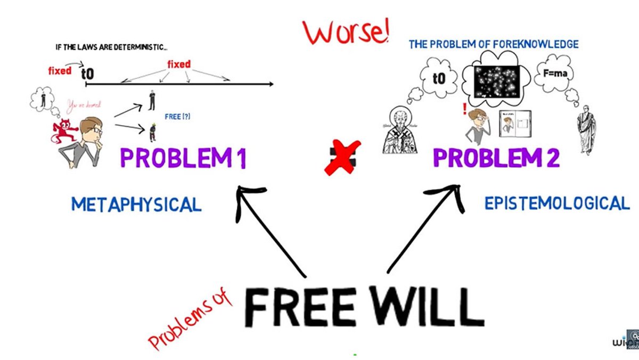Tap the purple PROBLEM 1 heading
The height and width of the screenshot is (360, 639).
pos(183,158)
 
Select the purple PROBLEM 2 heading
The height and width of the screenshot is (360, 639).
pos(496,158)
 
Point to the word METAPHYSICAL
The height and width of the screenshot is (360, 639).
pos(136,204)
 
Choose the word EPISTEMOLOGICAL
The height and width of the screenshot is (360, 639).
pos(556,203)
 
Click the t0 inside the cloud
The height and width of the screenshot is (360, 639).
pos(438,79)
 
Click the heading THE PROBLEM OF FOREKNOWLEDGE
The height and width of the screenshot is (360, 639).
pos(493,44)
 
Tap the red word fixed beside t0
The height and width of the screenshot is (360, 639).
pos(59,71)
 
